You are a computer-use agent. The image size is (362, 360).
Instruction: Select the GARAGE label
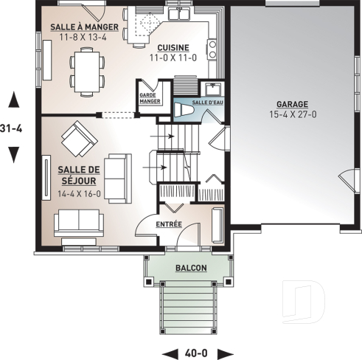click(293, 104)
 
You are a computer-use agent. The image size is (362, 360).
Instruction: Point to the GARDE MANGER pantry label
click(150, 98)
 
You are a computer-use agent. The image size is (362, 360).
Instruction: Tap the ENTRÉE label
click(169, 224)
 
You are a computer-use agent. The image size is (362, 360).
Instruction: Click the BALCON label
click(190, 269)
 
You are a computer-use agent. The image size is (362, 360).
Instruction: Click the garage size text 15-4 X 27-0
click(293, 114)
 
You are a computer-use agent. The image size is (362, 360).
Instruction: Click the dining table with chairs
click(86, 70)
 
